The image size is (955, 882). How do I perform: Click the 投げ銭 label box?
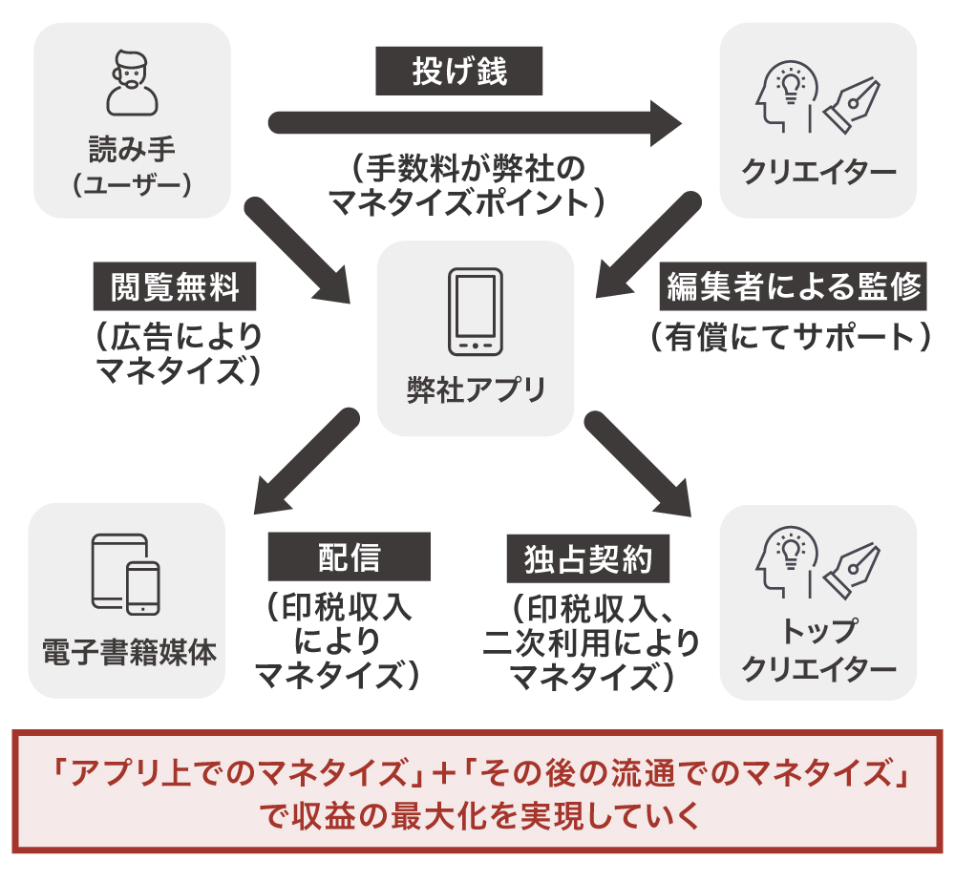point(459,72)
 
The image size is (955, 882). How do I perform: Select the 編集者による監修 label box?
point(793,286)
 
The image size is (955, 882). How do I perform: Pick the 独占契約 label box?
point(588,558)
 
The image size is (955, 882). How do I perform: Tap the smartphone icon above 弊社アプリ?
point(476,312)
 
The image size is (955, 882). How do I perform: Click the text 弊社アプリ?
point(476,390)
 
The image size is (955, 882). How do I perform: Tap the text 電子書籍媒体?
point(128,654)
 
